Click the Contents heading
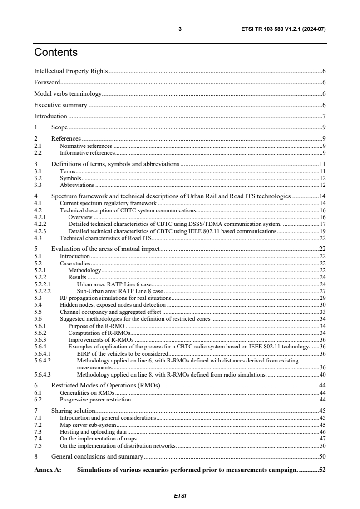[x=56, y=53]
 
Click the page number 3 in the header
[x=180, y=29]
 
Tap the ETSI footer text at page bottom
[x=180, y=495]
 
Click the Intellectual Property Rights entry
[x=71, y=71]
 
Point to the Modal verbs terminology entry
[x=68, y=94]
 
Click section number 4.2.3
[x=41, y=231]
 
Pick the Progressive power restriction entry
[x=95, y=400]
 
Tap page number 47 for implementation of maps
[x=322, y=439]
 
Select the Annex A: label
[x=48, y=470]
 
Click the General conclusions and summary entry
[x=97, y=457]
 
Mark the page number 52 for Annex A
[x=322, y=470]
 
